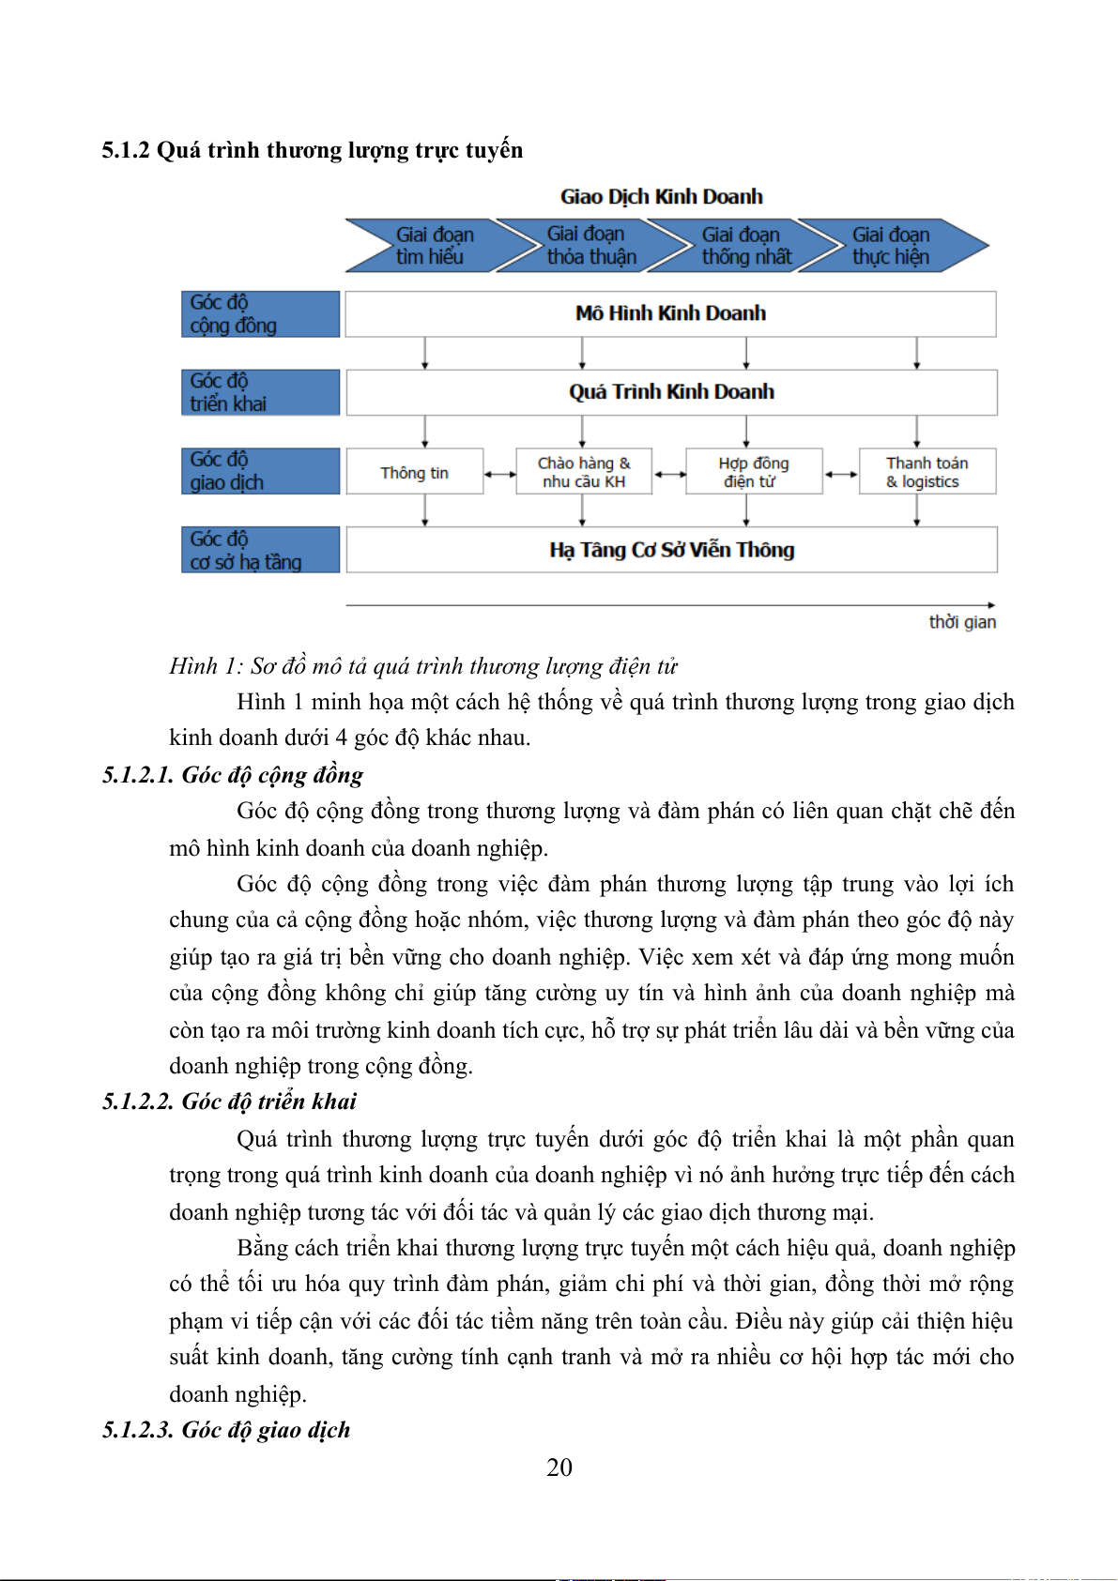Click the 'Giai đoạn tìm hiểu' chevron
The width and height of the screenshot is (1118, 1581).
tap(427, 246)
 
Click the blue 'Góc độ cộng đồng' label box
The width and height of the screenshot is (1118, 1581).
tap(260, 313)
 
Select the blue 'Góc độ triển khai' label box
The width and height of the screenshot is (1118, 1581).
tap(260, 392)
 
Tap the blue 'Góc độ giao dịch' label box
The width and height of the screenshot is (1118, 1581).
tap(260, 471)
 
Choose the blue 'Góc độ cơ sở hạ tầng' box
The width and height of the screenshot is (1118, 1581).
tap(260, 550)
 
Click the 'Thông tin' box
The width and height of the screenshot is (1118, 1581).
tap(415, 472)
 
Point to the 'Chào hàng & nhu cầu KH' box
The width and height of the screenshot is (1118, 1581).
tap(584, 472)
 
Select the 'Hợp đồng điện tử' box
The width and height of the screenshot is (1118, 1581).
tap(754, 472)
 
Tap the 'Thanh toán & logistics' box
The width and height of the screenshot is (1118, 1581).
tap(927, 472)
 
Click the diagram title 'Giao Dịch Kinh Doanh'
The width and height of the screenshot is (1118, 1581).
tap(662, 197)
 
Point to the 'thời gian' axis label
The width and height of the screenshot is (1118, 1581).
tap(962, 622)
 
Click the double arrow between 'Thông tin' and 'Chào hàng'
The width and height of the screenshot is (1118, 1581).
tap(499, 475)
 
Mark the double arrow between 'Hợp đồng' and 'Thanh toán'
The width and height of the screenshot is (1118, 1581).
tap(840, 475)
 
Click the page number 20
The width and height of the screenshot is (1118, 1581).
tap(559, 1467)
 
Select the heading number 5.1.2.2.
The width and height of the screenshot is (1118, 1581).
tap(138, 1102)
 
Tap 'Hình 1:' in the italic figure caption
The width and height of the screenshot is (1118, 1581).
tap(206, 666)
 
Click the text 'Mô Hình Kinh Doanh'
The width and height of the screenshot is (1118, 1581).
tap(670, 313)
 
